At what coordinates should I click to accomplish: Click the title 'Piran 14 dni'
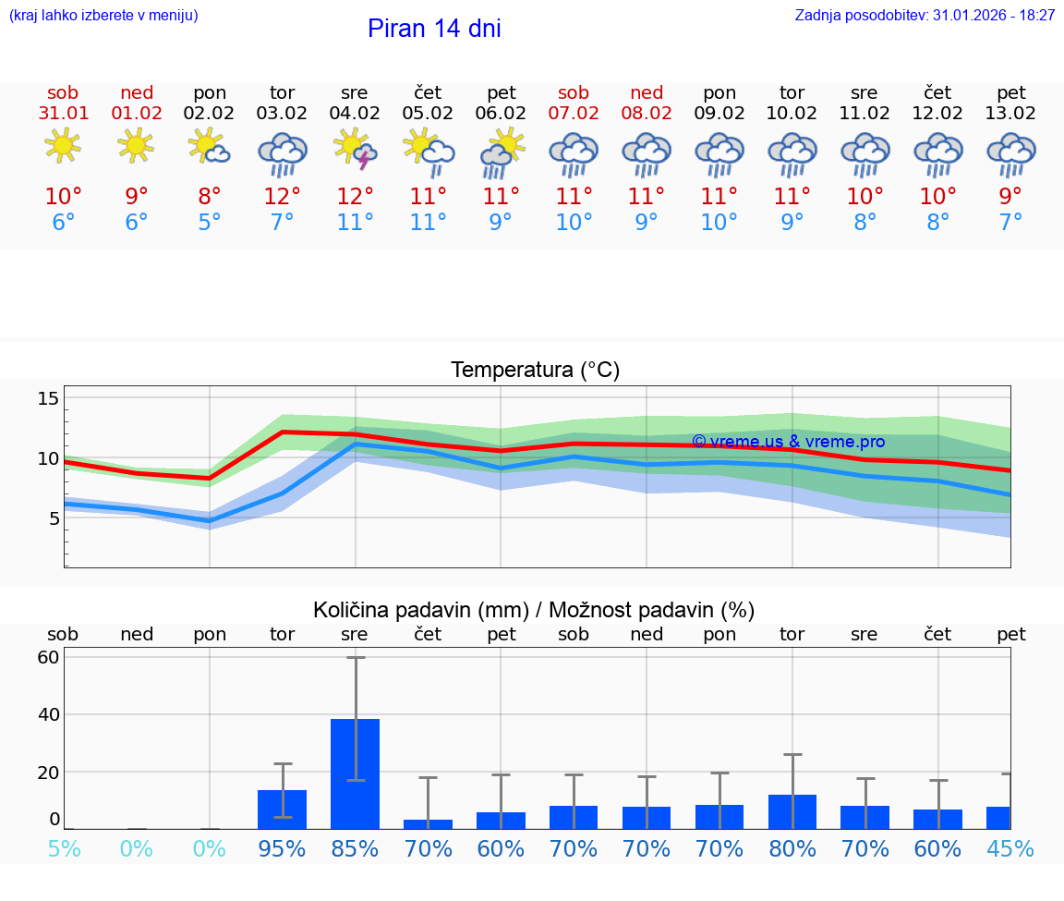tap(434, 29)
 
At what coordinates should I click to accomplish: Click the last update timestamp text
tap(925, 16)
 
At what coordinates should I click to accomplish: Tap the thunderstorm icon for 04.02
tap(356, 150)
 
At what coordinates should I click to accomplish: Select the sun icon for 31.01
tap(63, 146)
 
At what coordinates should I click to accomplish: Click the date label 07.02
tap(574, 113)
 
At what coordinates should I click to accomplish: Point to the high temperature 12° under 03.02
tap(283, 197)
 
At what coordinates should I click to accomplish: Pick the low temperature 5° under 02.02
tap(210, 223)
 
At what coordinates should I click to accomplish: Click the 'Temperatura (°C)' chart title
tap(535, 370)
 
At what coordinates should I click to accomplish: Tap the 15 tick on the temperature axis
tap(48, 398)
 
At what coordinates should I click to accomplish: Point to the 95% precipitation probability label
tap(283, 848)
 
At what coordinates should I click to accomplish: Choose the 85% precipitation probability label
tap(356, 848)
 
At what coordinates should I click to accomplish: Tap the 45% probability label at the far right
tap(1010, 848)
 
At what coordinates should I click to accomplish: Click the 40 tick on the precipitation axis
tap(48, 714)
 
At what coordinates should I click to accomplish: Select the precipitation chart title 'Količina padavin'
tap(534, 610)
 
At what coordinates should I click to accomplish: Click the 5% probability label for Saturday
tap(63, 848)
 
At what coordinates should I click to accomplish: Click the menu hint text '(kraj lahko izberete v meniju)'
tap(103, 16)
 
